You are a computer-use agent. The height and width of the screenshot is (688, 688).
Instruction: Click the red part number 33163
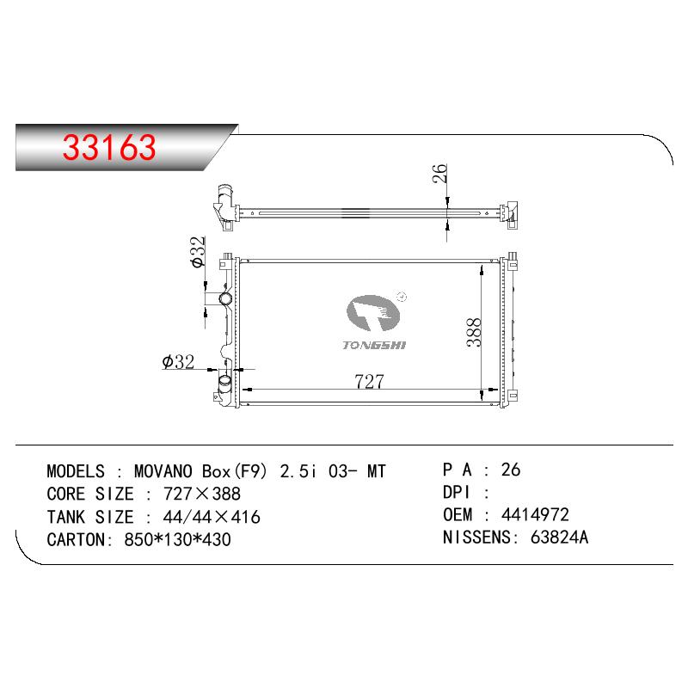(x=109, y=147)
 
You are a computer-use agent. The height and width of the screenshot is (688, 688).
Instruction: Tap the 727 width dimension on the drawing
(x=369, y=381)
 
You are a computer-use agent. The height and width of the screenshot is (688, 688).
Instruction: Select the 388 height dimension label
(x=474, y=333)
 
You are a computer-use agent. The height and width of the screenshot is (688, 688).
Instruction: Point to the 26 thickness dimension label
(x=439, y=174)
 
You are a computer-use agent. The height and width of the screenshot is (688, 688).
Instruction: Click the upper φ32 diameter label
(x=198, y=252)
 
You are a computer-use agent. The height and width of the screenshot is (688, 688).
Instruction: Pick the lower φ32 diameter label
(x=178, y=362)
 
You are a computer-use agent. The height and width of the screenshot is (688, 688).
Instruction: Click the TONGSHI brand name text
(x=374, y=346)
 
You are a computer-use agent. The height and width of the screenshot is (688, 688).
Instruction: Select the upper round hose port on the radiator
(x=226, y=298)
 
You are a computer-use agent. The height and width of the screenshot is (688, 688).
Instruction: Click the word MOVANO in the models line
(x=163, y=471)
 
